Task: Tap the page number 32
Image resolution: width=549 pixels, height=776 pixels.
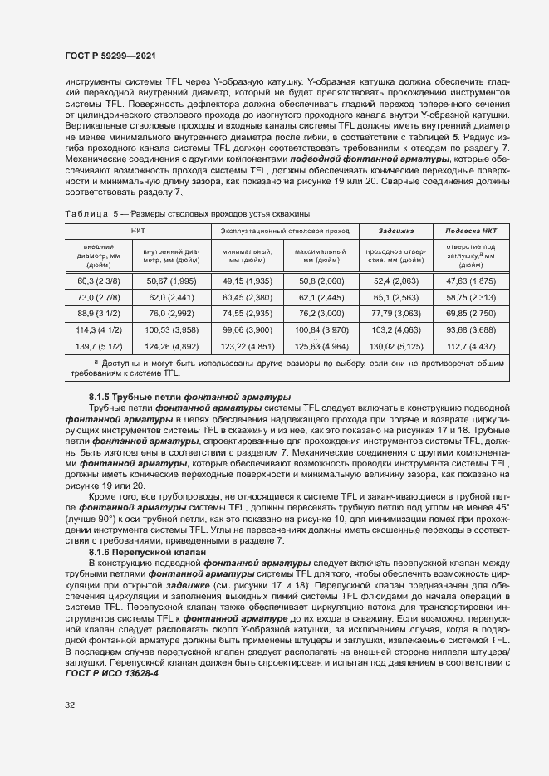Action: pos(70,705)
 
